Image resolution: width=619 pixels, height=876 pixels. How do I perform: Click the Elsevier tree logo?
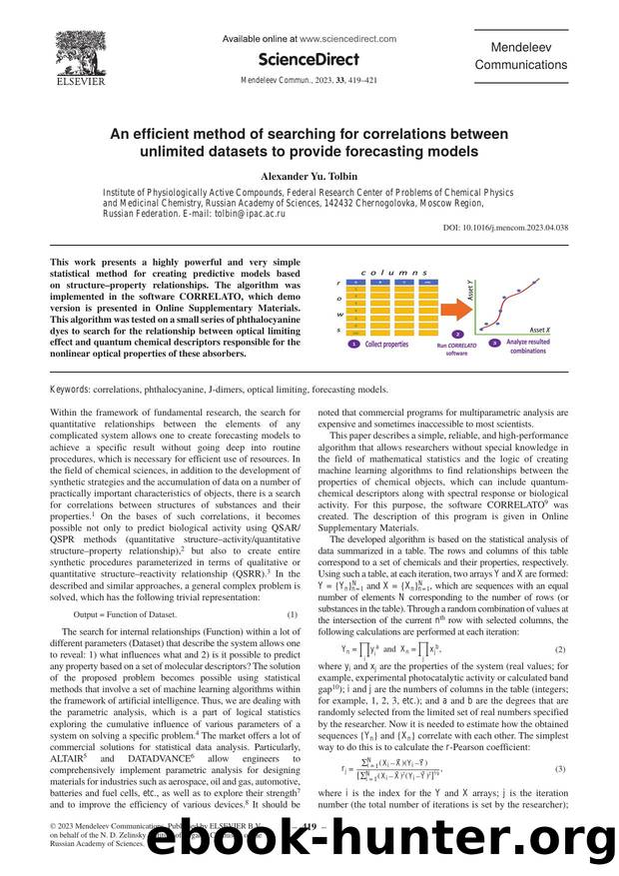click(80, 54)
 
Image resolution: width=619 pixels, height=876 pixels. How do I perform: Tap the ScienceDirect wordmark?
click(309, 59)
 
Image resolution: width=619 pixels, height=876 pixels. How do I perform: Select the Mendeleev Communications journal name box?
click(520, 56)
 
